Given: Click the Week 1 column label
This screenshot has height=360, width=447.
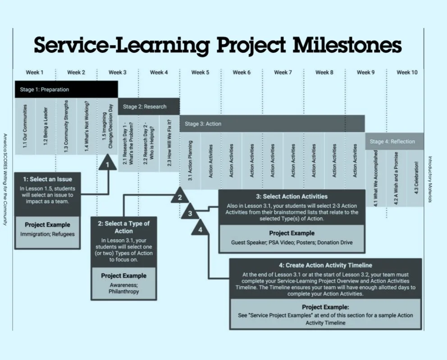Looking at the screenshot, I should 35,72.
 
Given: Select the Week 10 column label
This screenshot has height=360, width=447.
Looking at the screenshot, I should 406,72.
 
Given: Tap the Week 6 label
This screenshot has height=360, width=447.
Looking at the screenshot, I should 242,72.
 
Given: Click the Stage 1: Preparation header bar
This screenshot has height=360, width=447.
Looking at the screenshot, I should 66,89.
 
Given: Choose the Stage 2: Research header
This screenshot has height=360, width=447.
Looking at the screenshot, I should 148,107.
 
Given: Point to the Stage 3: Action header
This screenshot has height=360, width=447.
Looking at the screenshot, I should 272,123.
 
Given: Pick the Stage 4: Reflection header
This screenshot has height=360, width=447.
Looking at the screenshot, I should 394,141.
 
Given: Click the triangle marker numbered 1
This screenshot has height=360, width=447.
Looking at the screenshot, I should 107,164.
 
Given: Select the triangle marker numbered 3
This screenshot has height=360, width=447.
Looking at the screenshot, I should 190,213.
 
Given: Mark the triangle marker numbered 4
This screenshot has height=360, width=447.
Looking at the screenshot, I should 200,228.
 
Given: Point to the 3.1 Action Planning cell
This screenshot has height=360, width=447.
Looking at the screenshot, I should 190,161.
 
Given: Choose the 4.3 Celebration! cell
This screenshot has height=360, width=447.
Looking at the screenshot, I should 415,178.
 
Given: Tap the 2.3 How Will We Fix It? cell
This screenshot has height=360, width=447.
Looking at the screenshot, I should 169,143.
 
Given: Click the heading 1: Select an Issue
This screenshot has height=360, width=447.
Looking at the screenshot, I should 47,179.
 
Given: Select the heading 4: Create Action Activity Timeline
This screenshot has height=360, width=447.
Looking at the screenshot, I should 325,265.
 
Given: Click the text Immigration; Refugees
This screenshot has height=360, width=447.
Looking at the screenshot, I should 47,234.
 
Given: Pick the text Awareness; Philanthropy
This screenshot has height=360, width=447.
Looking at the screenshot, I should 123,288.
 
